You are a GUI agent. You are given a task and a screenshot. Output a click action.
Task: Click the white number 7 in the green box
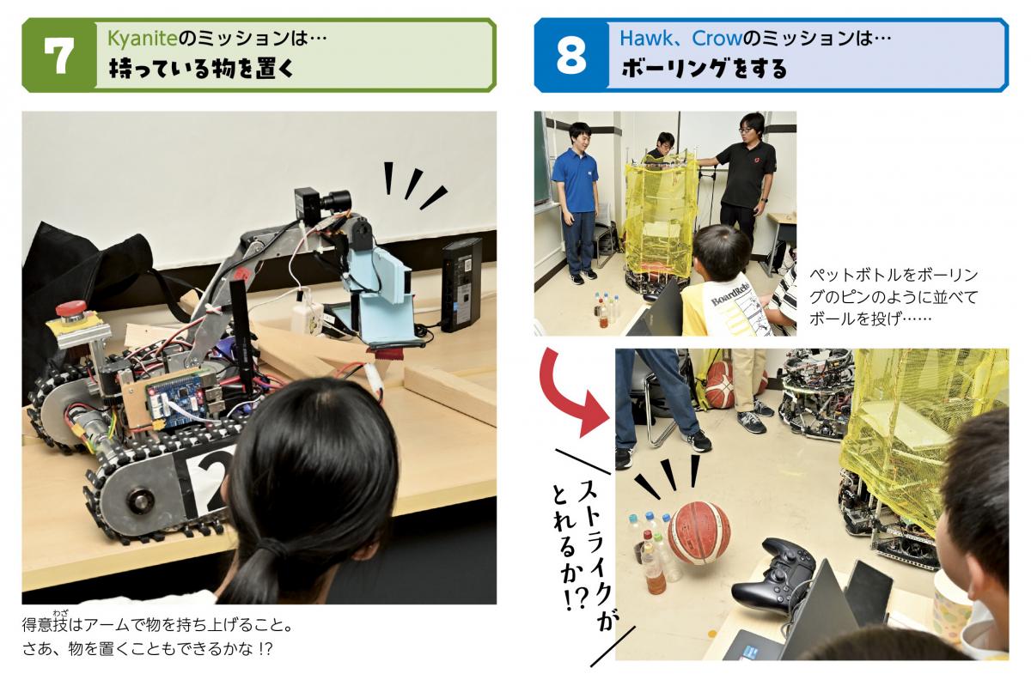pyautogui.click(x=59, y=56)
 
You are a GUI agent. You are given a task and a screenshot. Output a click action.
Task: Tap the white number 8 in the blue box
pyautogui.click(x=571, y=56)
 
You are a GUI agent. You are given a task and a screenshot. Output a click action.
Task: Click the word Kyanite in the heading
pyautogui.click(x=142, y=38)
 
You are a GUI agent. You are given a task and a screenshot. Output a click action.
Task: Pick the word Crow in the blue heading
pyautogui.click(x=717, y=38)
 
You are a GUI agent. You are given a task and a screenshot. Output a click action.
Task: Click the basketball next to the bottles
pyautogui.click(x=699, y=533)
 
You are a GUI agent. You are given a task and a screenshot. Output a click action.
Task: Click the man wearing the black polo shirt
pyautogui.click(x=742, y=184)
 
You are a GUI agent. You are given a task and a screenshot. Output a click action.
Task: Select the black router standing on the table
pyautogui.click(x=462, y=285)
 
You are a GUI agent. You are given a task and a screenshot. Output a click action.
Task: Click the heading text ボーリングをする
pyautogui.click(x=705, y=69)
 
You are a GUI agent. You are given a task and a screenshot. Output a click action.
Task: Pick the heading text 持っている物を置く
pyautogui.click(x=202, y=69)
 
